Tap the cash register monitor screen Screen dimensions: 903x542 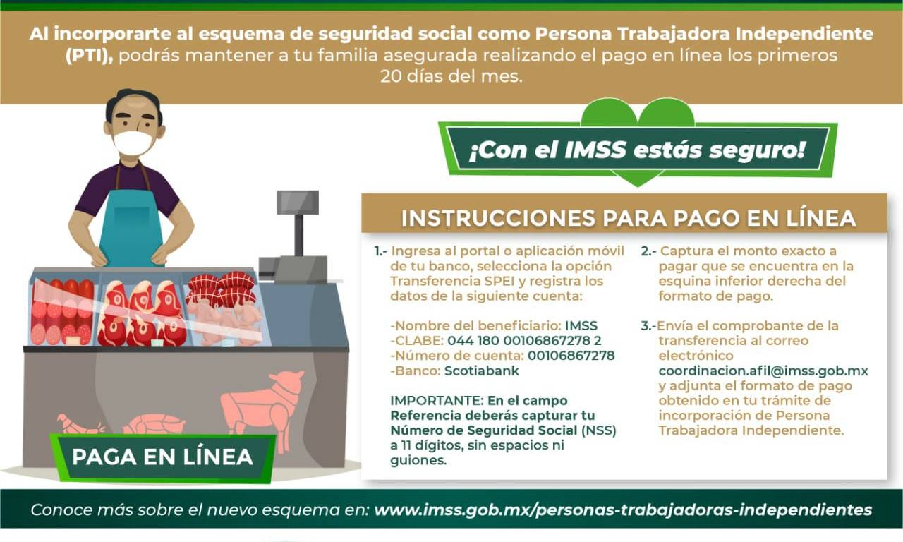[298, 202]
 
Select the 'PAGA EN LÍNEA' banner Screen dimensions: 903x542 [162, 457]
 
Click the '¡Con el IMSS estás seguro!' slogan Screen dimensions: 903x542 [637, 150]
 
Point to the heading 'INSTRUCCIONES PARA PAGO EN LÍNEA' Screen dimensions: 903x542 [628, 218]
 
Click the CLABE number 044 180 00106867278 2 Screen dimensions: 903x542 [524, 340]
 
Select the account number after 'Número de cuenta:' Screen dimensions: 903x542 [571, 355]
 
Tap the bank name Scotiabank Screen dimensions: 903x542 [482, 371]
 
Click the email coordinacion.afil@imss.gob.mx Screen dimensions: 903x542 [763, 371]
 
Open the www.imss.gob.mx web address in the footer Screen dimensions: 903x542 [623, 510]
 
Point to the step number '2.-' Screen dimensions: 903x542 [648, 251]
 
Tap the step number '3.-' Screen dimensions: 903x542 [648, 325]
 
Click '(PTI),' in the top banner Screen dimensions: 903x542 [89, 56]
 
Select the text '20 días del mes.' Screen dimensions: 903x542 [451, 76]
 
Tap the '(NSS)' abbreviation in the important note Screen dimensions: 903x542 [599, 430]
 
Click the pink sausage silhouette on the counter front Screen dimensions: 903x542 [80, 424]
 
